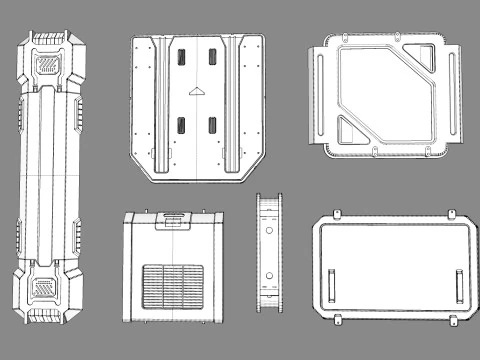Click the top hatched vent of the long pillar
48,64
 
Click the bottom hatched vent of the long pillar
47,288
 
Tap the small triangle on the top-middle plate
196,91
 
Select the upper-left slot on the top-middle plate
181,58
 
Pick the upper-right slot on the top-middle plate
212,58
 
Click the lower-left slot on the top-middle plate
181,126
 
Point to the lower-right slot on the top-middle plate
212,126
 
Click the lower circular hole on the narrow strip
268,276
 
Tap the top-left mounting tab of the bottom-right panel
338,214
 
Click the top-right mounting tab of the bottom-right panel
451,214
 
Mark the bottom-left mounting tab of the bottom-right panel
338,323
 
